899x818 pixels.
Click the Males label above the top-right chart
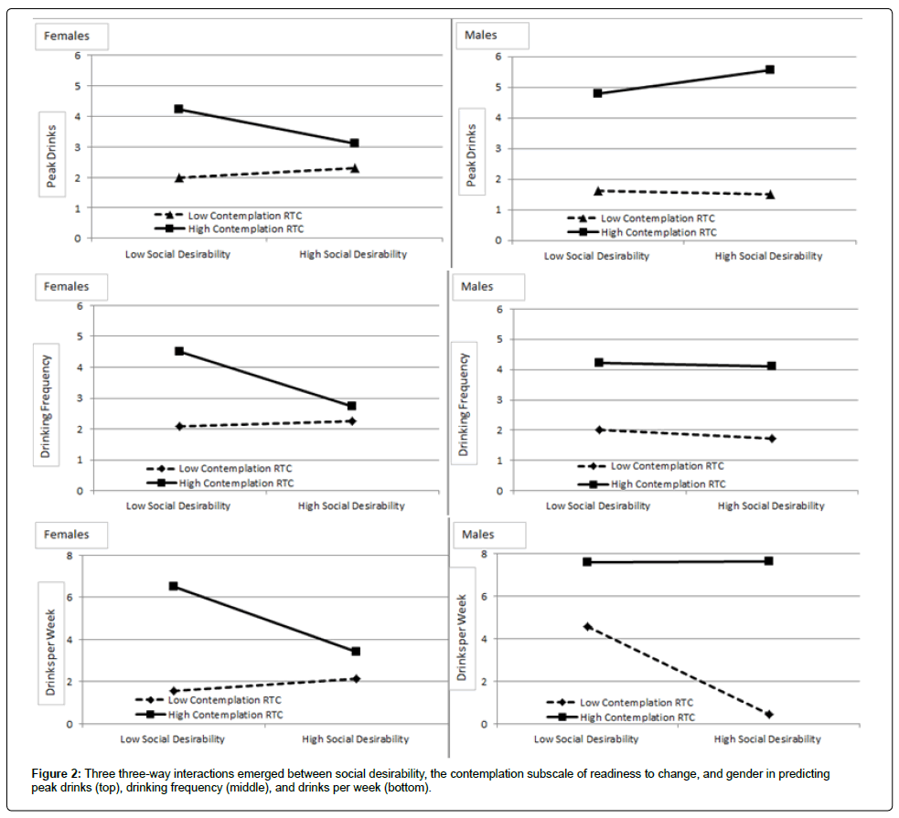[x=481, y=37]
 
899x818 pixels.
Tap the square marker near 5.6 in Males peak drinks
[x=770, y=69]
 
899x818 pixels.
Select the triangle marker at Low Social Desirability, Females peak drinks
[x=179, y=177]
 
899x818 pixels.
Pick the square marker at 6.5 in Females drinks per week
[x=174, y=586]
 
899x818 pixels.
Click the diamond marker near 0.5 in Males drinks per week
[x=769, y=714]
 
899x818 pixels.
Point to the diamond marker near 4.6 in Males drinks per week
[x=587, y=626]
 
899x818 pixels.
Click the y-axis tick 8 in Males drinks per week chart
[x=483, y=555]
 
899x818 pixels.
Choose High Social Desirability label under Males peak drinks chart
[x=768, y=256]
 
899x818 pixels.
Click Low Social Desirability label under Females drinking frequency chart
[x=177, y=505]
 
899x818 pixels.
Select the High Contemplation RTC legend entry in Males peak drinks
[x=658, y=232]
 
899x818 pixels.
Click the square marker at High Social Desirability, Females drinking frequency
[x=351, y=406]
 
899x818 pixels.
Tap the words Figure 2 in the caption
[x=56, y=773]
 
